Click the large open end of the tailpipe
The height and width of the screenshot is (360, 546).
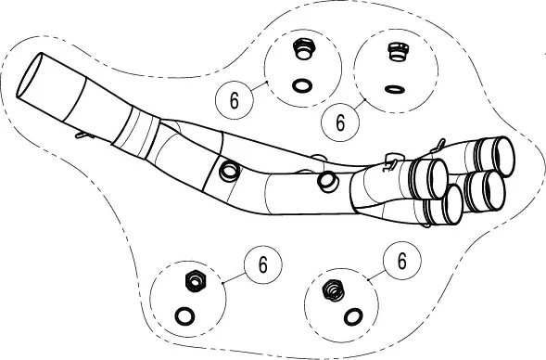coord(30,74)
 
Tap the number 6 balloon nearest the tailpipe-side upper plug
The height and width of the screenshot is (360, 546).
coord(235,99)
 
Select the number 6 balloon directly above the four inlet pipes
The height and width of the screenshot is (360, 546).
coord(340,122)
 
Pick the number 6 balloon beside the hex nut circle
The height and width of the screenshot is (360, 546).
coord(263,264)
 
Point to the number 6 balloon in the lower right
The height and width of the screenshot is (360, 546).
coord(401,261)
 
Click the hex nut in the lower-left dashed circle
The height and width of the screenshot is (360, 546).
coord(195,280)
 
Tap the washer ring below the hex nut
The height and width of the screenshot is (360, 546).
coord(184,316)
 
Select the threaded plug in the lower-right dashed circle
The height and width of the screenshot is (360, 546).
coord(334,290)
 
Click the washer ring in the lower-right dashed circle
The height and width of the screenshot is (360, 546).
coord(353,317)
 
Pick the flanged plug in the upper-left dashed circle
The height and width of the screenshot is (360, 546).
coord(304,49)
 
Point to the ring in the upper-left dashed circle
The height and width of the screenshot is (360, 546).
coord(302,85)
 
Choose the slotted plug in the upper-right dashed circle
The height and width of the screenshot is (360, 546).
coord(398,52)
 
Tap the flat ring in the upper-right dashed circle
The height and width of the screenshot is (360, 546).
coord(395,89)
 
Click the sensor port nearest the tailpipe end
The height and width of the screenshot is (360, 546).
coord(229,171)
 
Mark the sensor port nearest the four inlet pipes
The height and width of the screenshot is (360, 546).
coord(327,182)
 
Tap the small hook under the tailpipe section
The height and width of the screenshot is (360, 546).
coord(83,135)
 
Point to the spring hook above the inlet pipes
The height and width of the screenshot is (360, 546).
coord(438,146)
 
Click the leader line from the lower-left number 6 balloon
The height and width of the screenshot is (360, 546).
coord(235,277)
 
